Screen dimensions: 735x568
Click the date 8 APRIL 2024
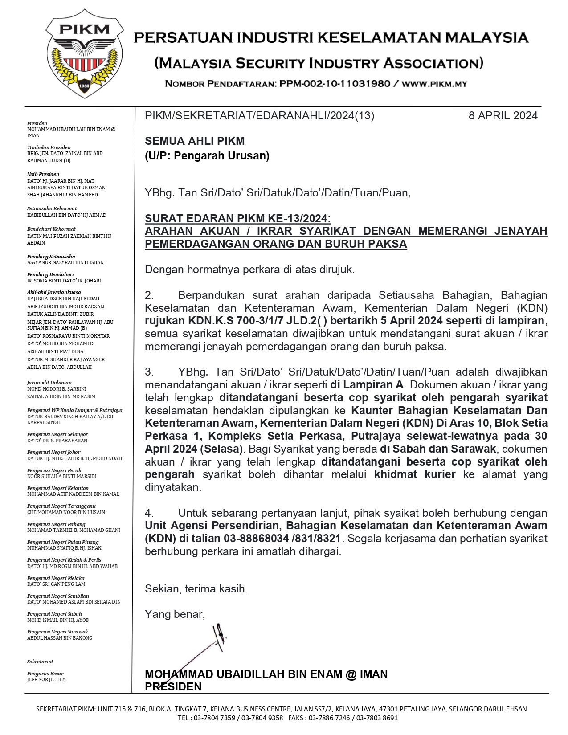[503, 116]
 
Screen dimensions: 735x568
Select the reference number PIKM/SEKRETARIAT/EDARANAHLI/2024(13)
[259, 116]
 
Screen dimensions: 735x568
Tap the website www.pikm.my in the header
[434, 84]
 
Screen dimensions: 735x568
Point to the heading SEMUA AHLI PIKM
[195, 141]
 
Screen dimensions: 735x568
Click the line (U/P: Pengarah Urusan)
[207, 155]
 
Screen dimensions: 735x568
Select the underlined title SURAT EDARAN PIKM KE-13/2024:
[238, 218]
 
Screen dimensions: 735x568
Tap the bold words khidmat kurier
[415, 474]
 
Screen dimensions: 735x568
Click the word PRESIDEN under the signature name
[173, 686]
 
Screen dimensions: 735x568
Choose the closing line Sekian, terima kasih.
[196, 589]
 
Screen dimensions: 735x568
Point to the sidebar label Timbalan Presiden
[49, 147]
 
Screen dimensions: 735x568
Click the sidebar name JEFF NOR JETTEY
[46, 679]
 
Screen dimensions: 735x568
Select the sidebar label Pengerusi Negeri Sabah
[54, 614]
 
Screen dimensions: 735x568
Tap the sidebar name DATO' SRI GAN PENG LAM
[56, 584]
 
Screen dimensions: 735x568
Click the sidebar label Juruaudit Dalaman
[49, 383]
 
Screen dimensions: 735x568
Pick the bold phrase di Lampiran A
[367, 384]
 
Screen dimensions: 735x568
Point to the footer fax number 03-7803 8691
[377, 718]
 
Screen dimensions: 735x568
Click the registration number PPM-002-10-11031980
[335, 84]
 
